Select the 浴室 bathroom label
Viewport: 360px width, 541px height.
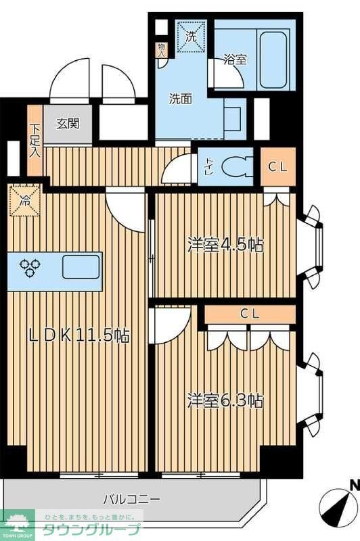tap(235, 60)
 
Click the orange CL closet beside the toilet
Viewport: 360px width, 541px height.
tap(277, 166)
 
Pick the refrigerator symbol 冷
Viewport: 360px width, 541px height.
tap(24, 201)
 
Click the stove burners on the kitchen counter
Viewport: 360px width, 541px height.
tap(30, 268)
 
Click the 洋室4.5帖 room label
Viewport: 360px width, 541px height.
tap(225, 244)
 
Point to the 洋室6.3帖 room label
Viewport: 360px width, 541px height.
tap(225, 400)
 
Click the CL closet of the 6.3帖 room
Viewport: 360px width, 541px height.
tap(250, 314)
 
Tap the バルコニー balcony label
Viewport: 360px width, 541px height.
tap(132, 500)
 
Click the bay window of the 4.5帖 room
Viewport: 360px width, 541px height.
tap(313, 244)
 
